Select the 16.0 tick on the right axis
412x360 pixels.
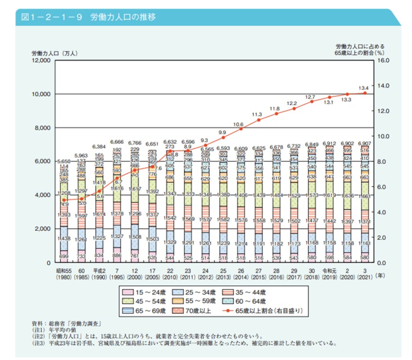coord(384,61)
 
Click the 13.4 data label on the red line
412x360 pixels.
coord(364,88)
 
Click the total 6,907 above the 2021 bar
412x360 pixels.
coord(364,143)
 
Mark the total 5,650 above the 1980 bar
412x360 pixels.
coord(64,162)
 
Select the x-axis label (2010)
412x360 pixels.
coord(170,277)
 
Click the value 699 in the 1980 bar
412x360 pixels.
coord(64,256)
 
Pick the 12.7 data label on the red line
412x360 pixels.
coord(310,97)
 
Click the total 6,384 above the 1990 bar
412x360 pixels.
coord(99,147)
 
